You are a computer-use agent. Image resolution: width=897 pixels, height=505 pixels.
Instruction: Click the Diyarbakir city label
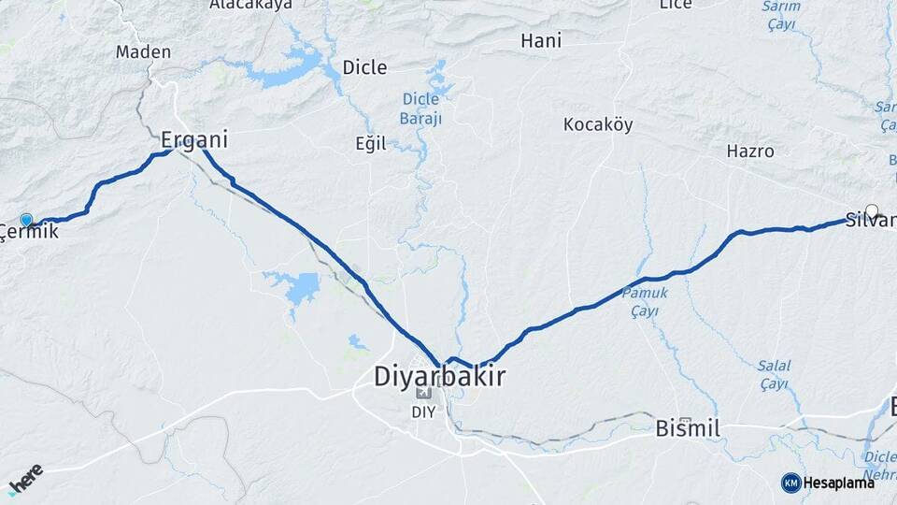(439, 377)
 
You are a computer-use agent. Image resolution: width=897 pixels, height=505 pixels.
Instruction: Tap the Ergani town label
(194, 140)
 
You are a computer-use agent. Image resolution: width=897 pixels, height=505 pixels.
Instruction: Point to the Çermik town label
(29, 231)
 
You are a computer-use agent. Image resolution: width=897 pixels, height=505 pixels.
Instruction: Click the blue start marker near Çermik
(26, 220)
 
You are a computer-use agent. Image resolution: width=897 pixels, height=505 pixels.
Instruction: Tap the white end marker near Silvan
(872, 210)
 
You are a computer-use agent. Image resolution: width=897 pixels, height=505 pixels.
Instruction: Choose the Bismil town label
(688, 429)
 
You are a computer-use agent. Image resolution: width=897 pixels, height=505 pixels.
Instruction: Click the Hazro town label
(750, 151)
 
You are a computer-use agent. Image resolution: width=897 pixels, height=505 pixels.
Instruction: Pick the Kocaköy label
(598, 124)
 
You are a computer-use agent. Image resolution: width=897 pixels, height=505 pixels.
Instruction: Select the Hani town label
(540, 40)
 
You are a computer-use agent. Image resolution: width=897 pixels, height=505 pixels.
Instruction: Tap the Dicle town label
(364, 66)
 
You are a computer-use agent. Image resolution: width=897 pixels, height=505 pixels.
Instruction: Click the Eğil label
(370, 145)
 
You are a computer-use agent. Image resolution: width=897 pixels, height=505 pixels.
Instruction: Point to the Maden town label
(143, 51)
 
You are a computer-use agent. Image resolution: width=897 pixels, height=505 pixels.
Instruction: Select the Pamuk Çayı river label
(646, 301)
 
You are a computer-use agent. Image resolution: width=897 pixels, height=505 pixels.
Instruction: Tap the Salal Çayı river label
(774, 374)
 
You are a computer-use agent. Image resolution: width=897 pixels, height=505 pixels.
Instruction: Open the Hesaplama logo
(828, 483)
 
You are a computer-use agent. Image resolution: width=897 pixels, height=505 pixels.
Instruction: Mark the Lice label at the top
(676, 5)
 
